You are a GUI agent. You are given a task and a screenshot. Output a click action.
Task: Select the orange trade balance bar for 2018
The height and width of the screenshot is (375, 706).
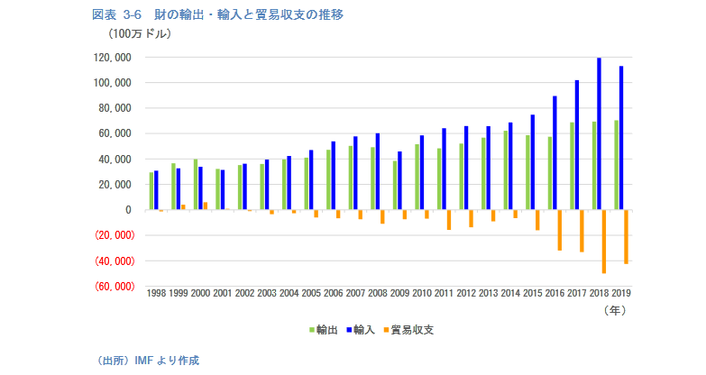pos(604,242)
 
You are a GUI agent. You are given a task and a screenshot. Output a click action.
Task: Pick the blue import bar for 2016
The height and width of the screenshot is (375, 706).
pos(555,152)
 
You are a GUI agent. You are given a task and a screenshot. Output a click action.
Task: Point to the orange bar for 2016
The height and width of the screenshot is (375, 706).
pos(560,230)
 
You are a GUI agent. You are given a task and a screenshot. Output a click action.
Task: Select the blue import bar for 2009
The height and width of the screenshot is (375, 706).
pos(399,180)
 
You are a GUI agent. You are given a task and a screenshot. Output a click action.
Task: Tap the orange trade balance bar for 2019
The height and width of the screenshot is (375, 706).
pos(626,237)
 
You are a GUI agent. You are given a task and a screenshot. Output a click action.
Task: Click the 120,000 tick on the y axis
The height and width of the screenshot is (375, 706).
pos(113,58)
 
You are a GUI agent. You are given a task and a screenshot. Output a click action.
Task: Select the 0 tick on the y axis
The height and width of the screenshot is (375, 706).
pos(129,210)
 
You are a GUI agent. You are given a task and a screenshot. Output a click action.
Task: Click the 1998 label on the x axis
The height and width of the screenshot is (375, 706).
pos(156,294)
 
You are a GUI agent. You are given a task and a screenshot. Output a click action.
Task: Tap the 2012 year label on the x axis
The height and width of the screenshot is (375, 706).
pos(466,294)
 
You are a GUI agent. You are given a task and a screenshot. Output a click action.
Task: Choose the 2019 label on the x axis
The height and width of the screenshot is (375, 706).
pos(621,294)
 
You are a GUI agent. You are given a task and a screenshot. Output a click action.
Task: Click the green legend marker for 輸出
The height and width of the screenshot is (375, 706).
pos(312,331)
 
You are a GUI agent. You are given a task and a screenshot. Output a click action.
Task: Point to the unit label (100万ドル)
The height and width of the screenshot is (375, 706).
pos(139,34)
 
